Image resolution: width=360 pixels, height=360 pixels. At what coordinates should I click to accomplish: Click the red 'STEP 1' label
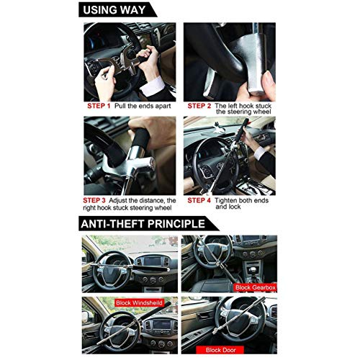99,106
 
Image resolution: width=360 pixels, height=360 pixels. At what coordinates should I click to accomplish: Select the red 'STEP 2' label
199,106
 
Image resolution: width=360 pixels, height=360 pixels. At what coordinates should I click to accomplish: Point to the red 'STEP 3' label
94,200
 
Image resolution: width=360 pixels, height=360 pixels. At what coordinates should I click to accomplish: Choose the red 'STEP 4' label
199,200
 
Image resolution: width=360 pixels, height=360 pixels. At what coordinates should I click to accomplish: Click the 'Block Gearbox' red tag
256,287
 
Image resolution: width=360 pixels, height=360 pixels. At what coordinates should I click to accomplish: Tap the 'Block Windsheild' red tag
139,302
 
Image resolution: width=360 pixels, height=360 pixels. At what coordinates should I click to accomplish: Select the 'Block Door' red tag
220,350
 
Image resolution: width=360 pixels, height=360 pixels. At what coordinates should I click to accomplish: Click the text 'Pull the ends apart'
143,106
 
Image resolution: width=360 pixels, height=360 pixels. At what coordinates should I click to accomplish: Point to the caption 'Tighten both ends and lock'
241,204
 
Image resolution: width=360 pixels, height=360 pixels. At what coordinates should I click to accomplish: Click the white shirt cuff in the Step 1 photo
152,86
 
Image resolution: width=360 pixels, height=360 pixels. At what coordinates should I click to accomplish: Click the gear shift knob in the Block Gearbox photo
251,270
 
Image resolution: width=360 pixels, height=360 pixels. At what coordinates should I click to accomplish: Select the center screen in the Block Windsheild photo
162,325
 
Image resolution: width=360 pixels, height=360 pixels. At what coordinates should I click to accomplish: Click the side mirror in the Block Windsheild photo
85,317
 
